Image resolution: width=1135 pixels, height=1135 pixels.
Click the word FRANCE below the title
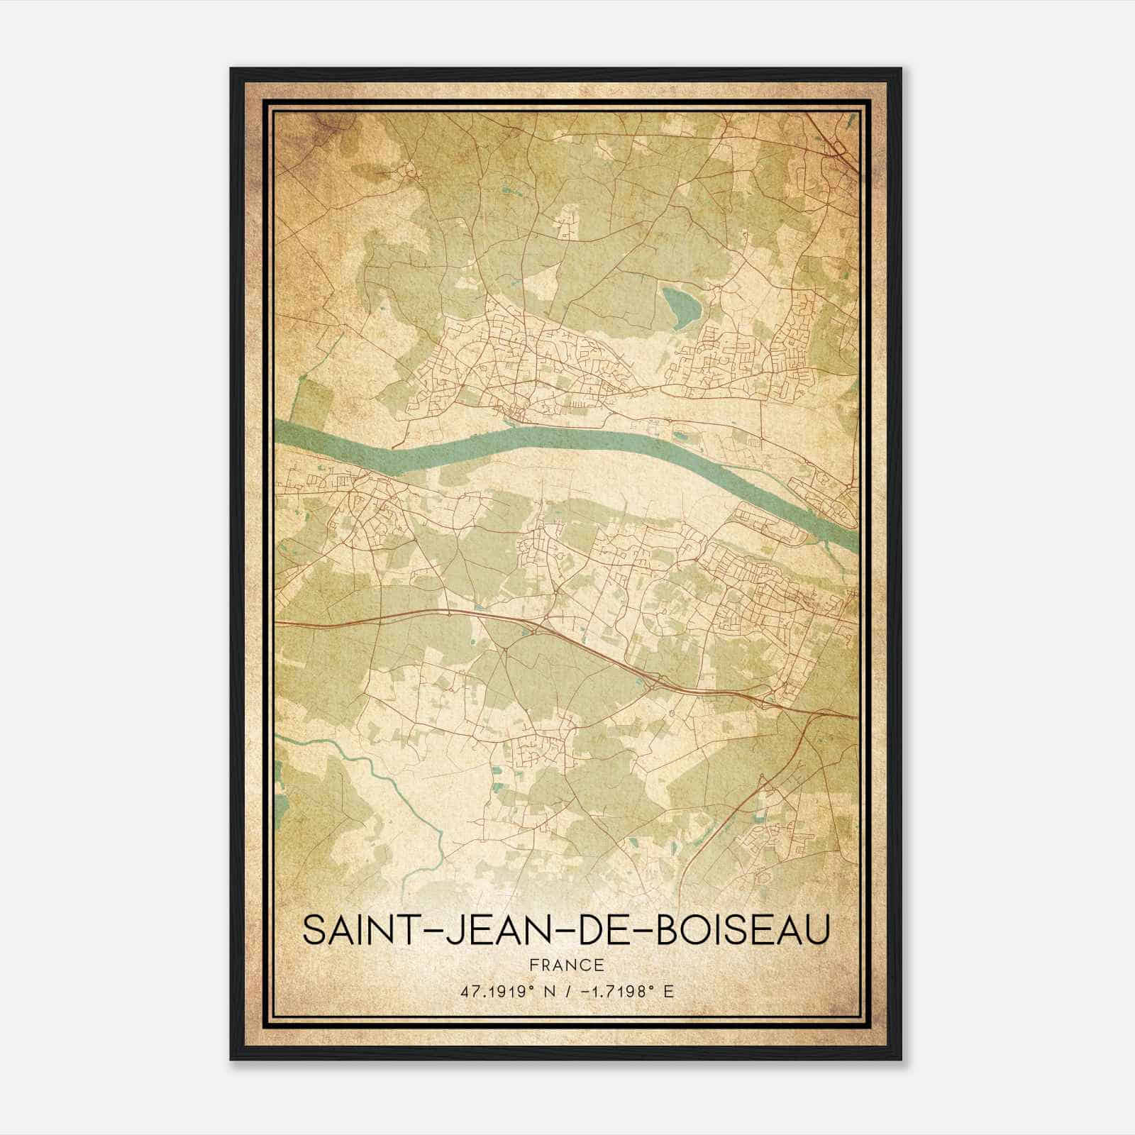pos(566,965)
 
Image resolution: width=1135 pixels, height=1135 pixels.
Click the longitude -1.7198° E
pos(622,991)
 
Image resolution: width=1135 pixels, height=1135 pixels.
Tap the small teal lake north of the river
pos(678,304)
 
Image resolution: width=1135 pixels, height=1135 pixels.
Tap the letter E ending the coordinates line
pos(668,991)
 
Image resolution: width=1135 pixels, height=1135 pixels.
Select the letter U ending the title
pos(817,929)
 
